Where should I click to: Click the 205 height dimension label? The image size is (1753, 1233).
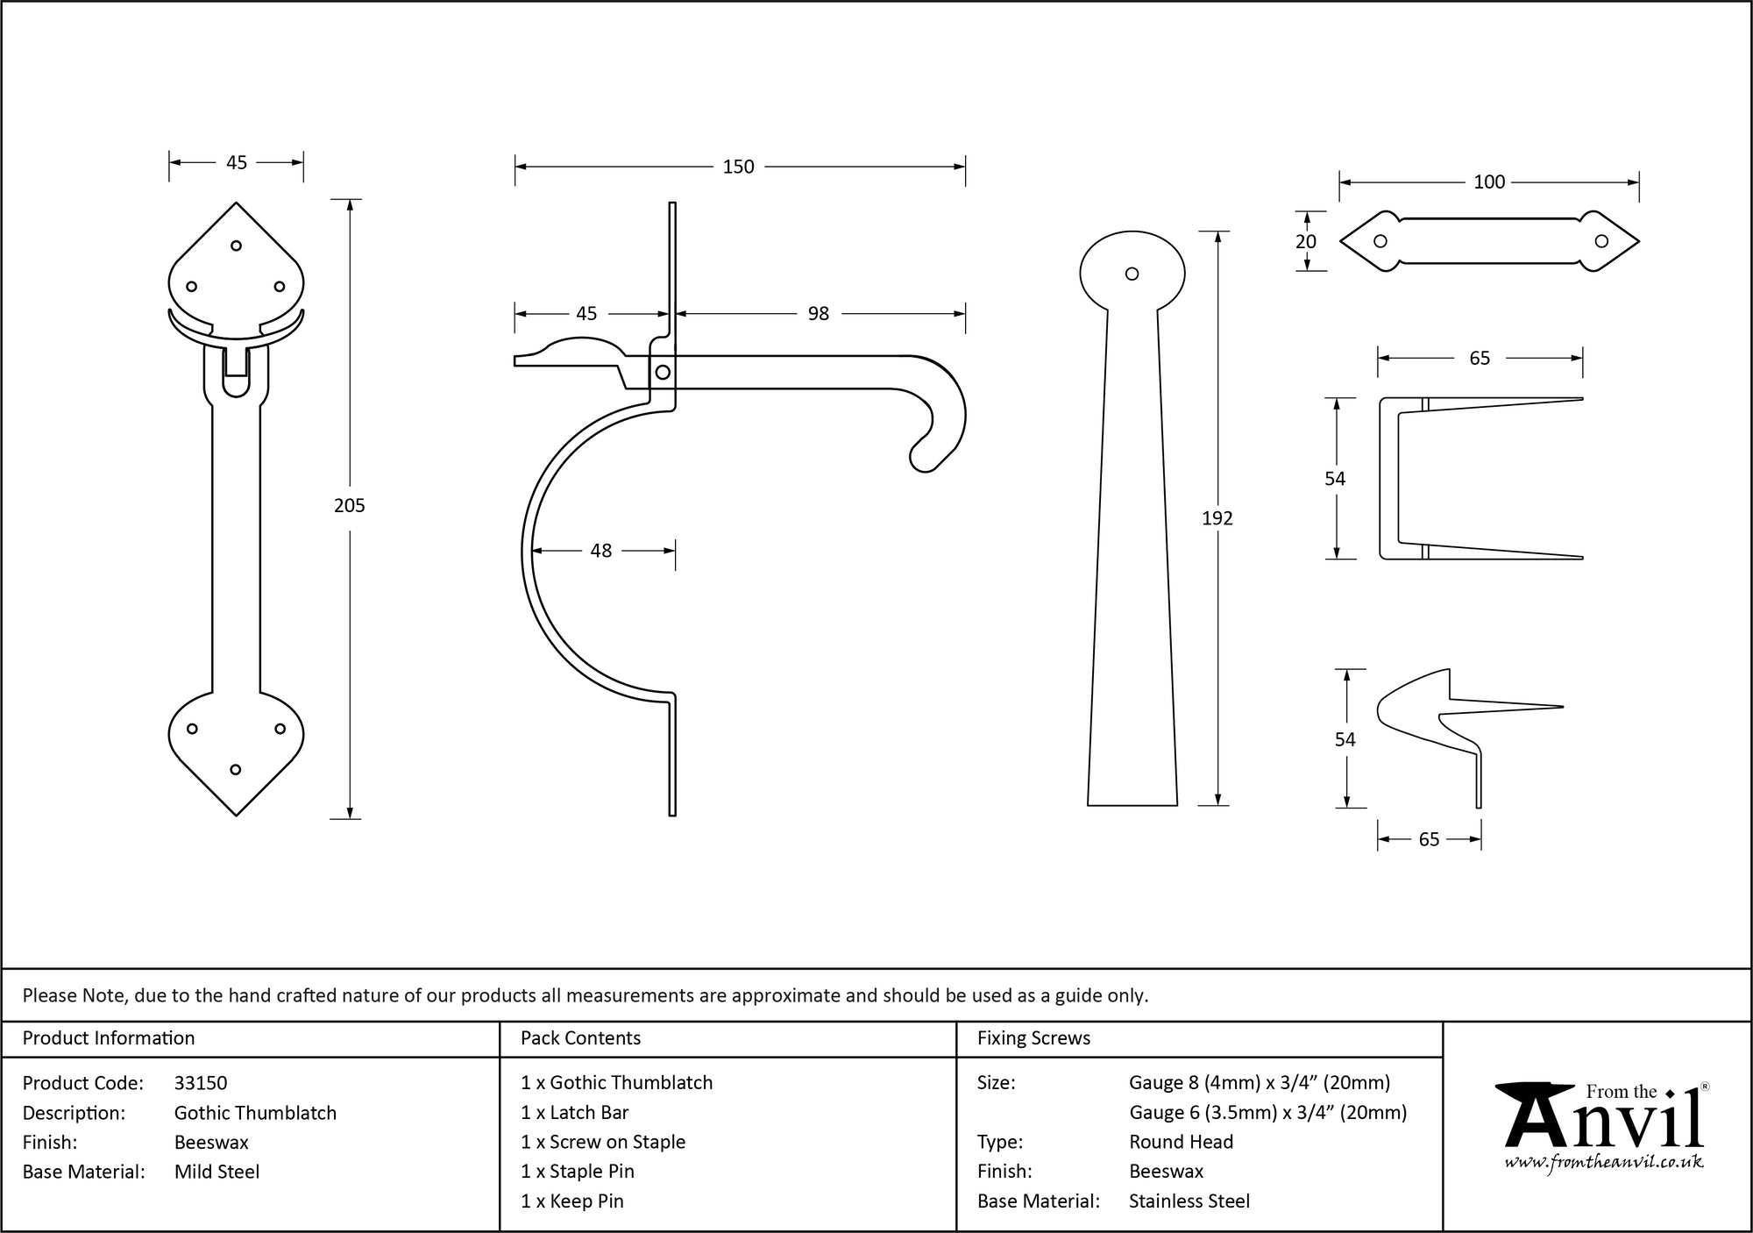349,505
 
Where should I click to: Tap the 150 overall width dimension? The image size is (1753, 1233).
738,167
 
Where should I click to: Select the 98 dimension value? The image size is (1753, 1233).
818,314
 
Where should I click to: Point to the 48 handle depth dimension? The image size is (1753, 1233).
600,551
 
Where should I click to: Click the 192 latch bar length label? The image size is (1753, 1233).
1217,518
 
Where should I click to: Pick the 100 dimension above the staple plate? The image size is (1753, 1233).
1488,182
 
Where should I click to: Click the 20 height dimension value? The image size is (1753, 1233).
1305,242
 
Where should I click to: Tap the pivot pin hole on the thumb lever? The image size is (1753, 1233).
663,373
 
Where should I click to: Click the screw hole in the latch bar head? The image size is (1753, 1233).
1132,274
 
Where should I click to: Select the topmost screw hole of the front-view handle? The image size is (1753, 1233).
236,246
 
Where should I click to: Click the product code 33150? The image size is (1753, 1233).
201,1083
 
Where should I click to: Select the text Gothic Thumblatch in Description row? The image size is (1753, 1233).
255,1113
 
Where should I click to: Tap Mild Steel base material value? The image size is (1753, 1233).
216,1172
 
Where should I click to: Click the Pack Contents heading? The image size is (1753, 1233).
580,1038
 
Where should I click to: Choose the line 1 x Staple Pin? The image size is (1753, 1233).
577,1172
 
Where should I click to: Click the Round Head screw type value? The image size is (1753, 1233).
1181,1142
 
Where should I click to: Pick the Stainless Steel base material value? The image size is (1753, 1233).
1189,1201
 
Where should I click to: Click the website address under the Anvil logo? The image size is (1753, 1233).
1604,1163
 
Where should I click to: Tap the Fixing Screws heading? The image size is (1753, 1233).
1033,1038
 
